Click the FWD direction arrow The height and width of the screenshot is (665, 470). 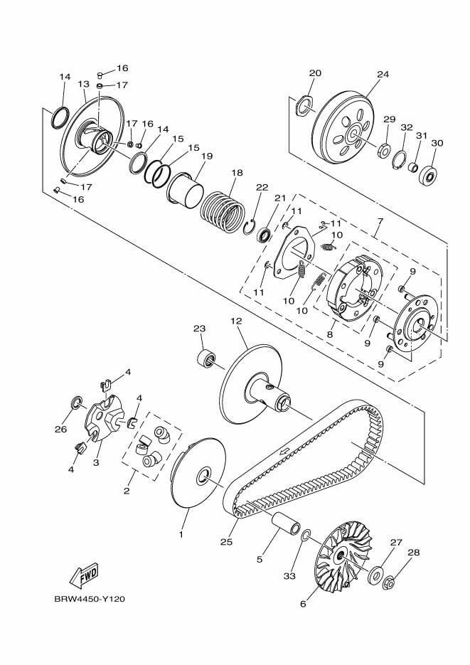point(83,574)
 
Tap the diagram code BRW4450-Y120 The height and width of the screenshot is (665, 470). point(90,599)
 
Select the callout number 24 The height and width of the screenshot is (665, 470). point(383,74)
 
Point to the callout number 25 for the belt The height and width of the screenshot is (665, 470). point(226,542)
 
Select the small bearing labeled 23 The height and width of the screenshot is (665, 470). point(206,358)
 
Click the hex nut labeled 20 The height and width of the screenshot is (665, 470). point(304,105)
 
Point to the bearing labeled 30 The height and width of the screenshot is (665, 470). point(428,174)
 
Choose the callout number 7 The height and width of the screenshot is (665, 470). point(379,223)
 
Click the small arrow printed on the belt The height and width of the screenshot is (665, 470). point(285,452)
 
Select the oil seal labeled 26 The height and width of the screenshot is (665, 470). point(75,405)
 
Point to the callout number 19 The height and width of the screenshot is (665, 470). point(207,156)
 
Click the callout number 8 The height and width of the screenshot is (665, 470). point(329,333)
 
